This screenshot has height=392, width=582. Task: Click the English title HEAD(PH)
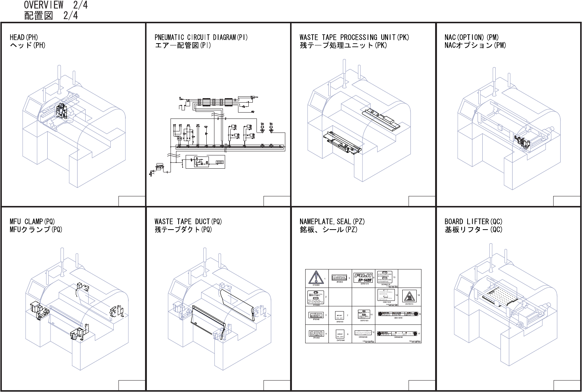pyautogui.click(x=24, y=37)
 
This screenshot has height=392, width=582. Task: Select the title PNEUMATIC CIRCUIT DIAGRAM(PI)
pyautogui.click(x=201, y=37)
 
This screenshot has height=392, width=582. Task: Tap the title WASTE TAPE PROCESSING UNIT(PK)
pyautogui.click(x=354, y=37)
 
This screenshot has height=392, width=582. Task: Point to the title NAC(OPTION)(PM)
pyautogui.click(x=472, y=37)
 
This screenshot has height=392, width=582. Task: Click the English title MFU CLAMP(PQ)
pyautogui.click(x=32, y=221)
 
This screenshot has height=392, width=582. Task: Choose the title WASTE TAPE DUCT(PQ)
pyautogui.click(x=188, y=221)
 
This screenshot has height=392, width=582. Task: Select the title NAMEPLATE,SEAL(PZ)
pyautogui.click(x=332, y=221)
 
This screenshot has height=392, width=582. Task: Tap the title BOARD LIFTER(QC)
pyautogui.click(x=473, y=221)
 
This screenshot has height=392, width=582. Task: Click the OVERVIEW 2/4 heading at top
pyautogui.click(x=56, y=5)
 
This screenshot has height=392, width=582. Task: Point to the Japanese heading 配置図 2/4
pyautogui.click(x=51, y=16)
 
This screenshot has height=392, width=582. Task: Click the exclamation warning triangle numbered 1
pyautogui.click(x=316, y=277)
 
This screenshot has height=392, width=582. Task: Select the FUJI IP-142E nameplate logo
pyautogui.click(x=364, y=277)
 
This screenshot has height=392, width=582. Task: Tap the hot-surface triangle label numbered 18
pyautogui.click(x=409, y=296)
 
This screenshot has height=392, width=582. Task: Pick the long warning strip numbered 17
pyautogui.click(x=397, y=333)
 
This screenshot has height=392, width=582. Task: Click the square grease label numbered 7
pyautogui.click(x=340, y=316)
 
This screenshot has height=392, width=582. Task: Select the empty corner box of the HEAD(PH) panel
pyautogui.click(x=131, y=201)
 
